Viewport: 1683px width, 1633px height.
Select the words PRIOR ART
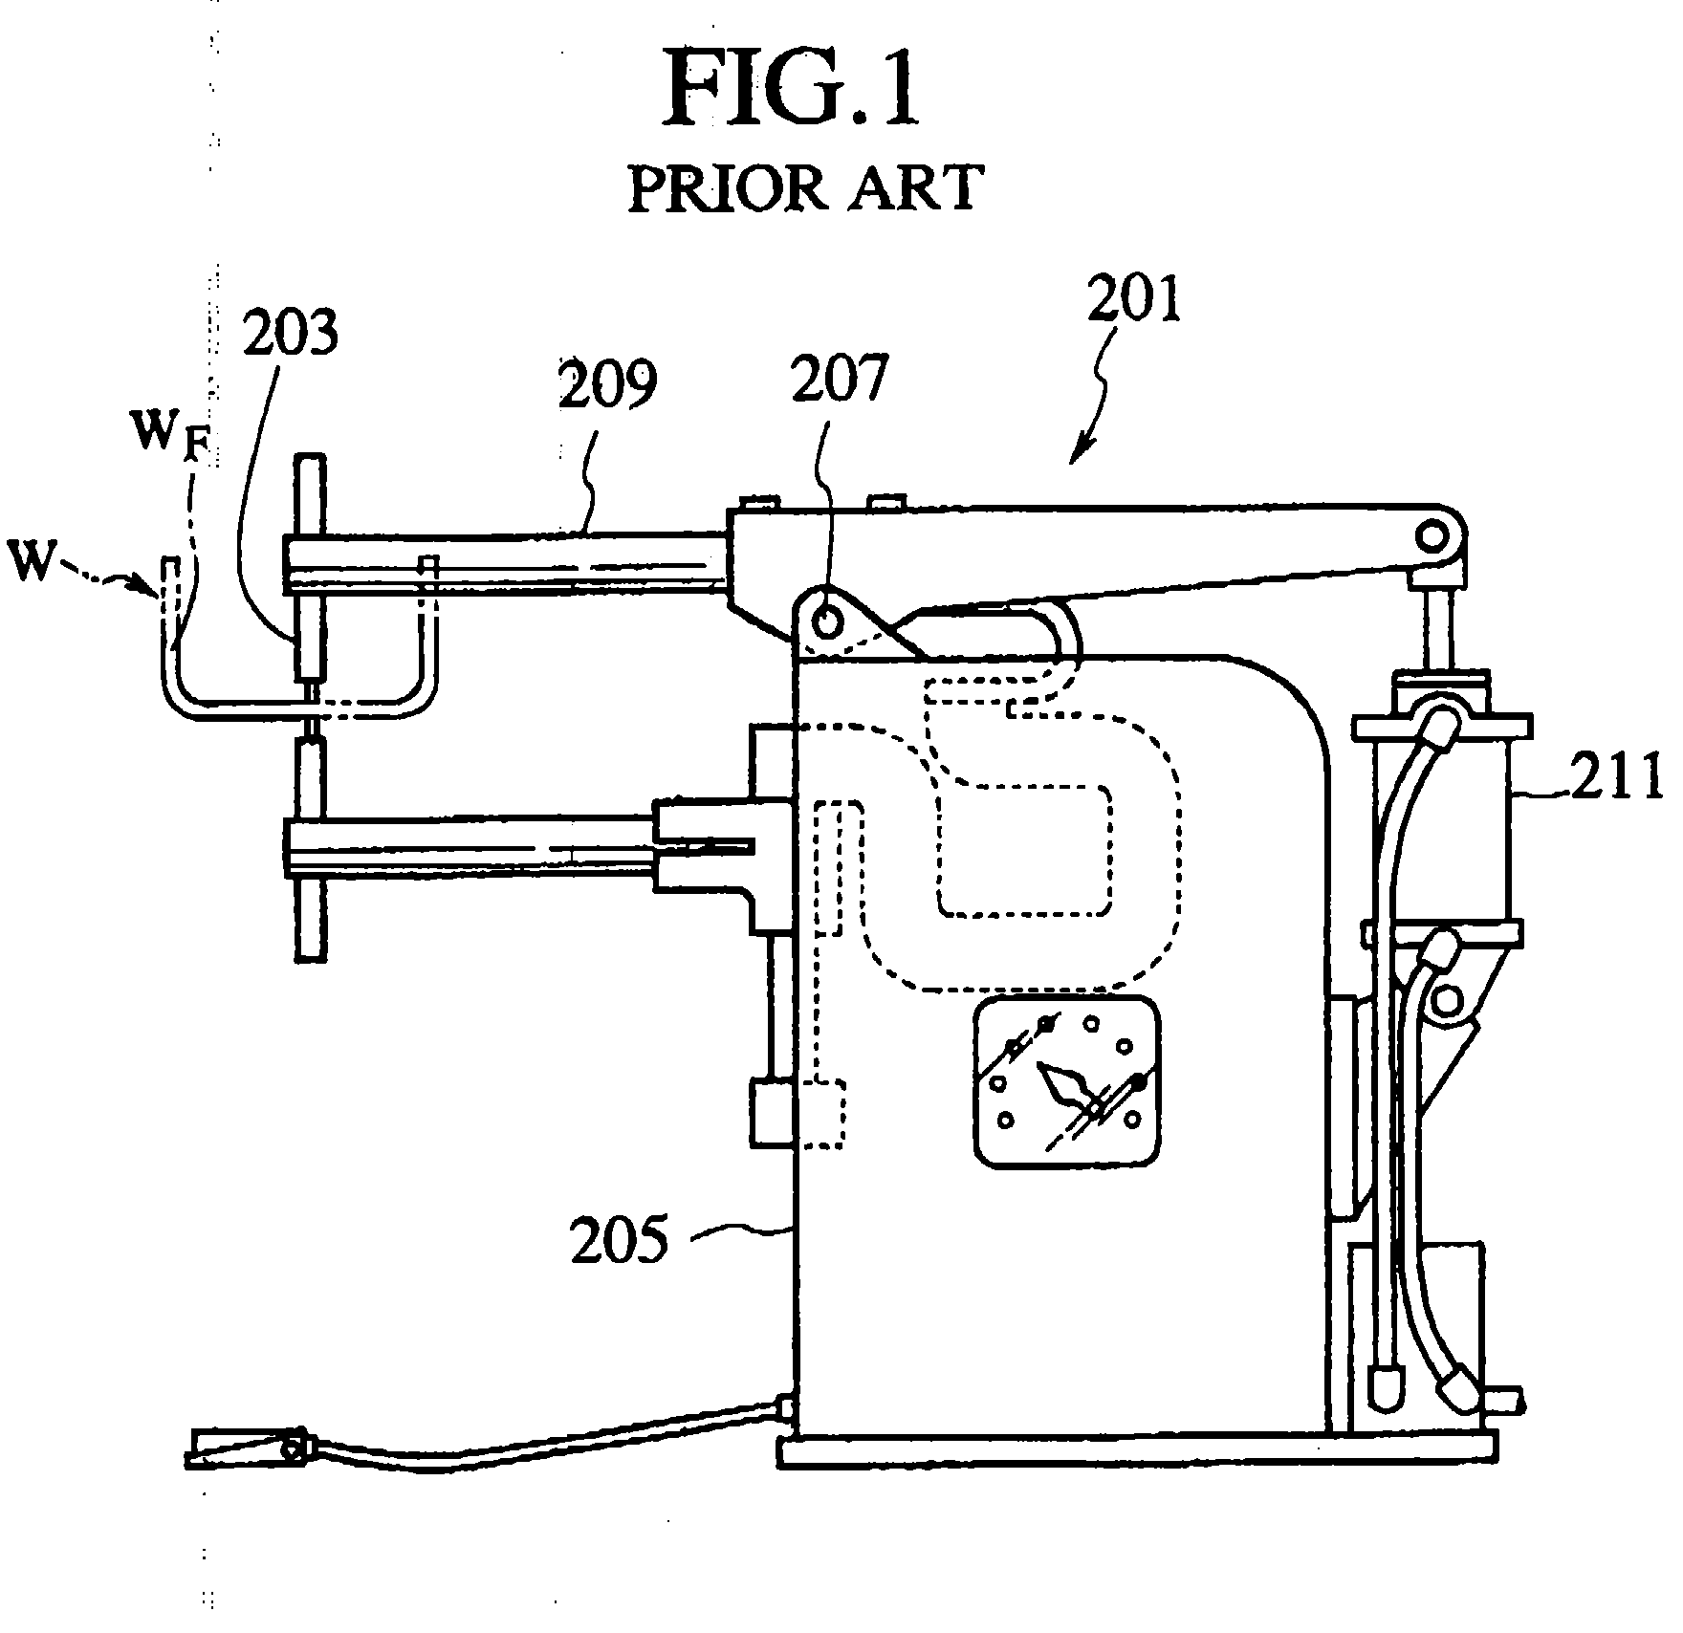[x=804, y=187]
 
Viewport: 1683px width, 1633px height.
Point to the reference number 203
[x=290, y=334]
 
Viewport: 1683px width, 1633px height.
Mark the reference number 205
[x=619, y=1240]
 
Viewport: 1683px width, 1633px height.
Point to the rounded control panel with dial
[x=1067, y=1081]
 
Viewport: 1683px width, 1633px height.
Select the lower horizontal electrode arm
[x=469, y=838]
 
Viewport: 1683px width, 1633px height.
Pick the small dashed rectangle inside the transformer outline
[x=1024, y=850]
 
